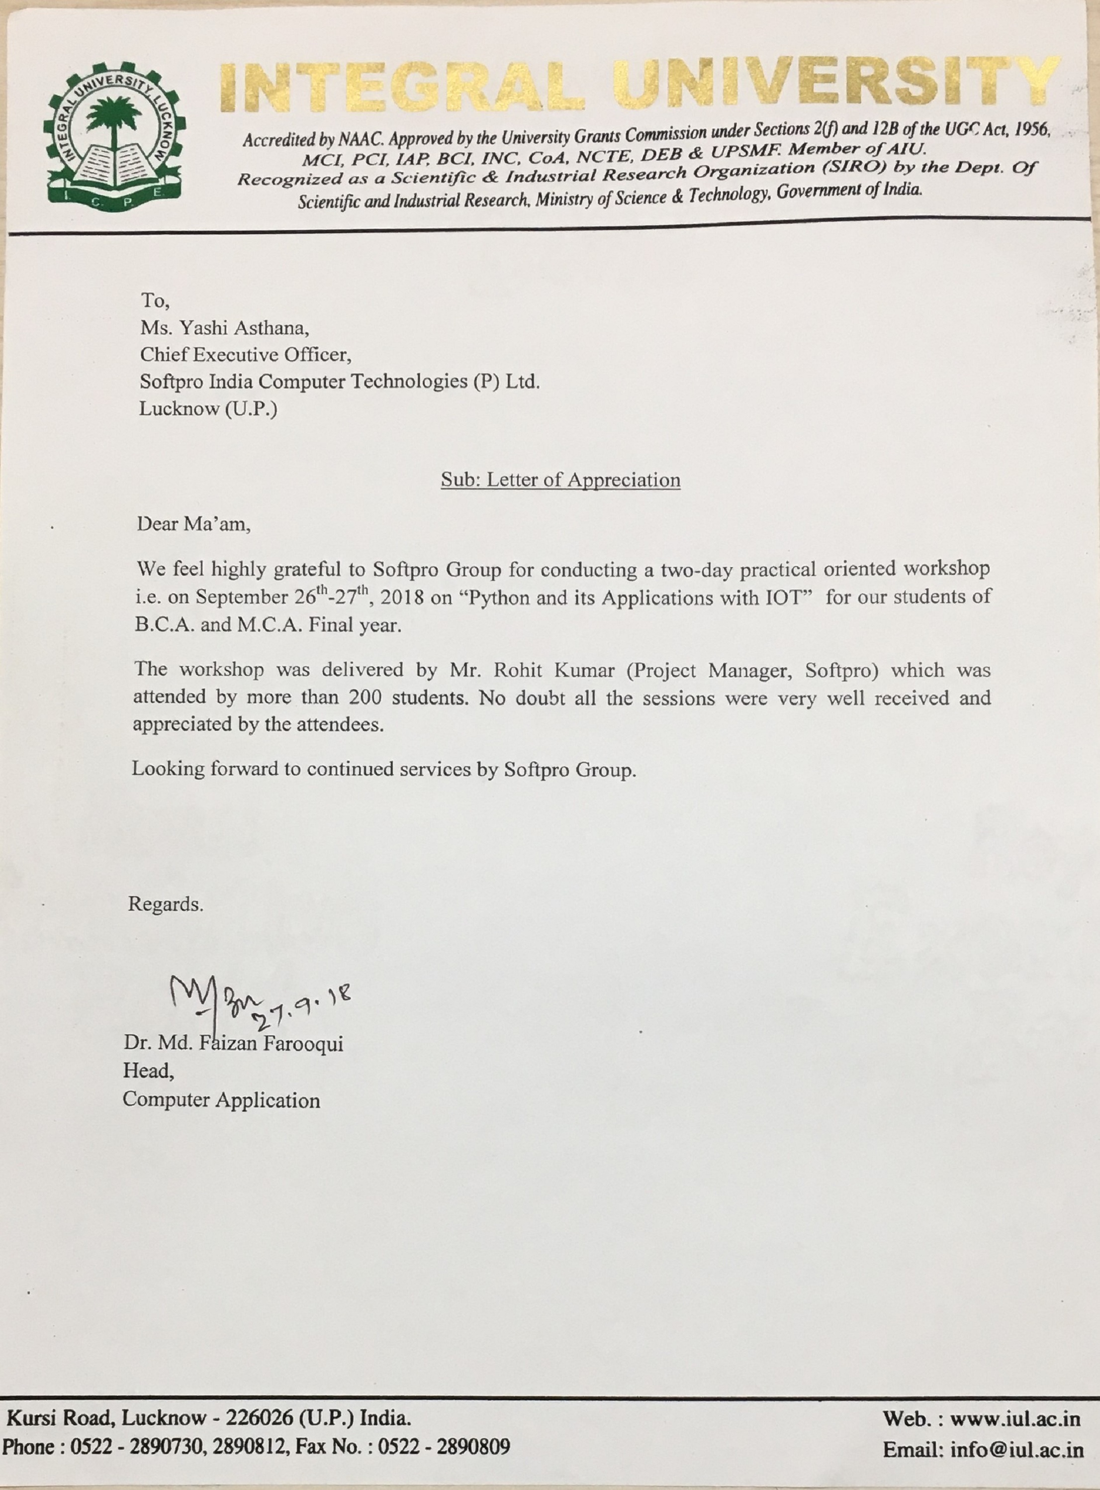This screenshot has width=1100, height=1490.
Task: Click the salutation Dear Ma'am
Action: pyautogui.click(x=194, y=524)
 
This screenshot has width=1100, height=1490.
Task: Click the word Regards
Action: pyautogui.click(x=166, y=904)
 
